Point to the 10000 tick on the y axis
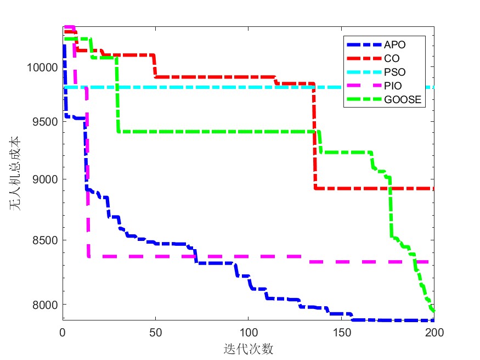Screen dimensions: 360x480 (42, 67)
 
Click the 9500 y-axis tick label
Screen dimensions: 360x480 (44, 122)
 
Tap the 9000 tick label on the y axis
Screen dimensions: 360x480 (44, 180)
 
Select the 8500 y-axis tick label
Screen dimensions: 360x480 (44, 240)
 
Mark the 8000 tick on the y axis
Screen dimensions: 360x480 (44, 305)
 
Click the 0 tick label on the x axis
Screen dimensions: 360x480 (63, 331)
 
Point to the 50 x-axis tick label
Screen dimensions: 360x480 (155, 331)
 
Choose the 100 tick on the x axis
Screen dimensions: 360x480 (248, 331)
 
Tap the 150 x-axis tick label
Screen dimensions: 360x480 (341, 331)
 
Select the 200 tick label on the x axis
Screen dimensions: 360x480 (434, 331)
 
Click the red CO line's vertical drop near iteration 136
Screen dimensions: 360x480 (315, 137)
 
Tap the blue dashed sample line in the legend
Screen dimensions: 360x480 (363, 44)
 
